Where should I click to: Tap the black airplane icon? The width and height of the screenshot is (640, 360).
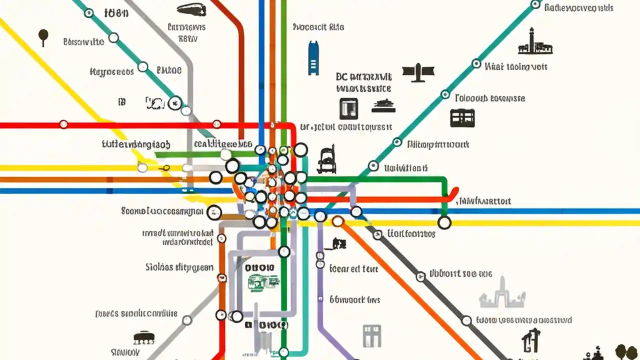click(415, 73)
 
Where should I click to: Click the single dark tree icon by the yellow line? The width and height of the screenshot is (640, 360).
click(43, 36)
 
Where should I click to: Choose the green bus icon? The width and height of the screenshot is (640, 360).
click(263, 283)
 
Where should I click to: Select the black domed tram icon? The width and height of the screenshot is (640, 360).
click(144, 337)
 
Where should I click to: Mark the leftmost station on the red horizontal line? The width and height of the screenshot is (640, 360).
click(63, 124)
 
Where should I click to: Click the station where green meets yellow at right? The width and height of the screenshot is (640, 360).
click(444, 222)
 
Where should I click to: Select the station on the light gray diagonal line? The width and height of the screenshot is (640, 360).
click(187, 320)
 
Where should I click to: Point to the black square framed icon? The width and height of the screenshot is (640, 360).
click(348, 108)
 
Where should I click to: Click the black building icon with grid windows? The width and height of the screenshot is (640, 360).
click(462, 117)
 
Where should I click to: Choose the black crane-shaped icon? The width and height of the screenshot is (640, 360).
click(531, 340)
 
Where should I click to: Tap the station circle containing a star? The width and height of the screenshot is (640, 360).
click(174, 103)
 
